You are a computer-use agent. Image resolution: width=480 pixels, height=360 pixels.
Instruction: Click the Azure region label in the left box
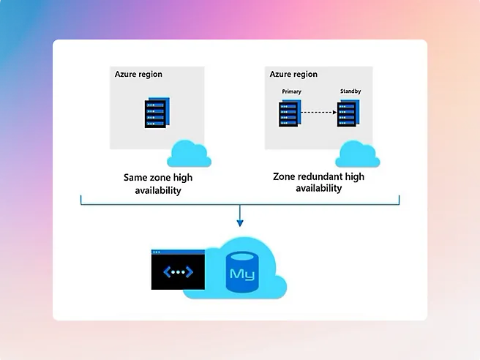coord(138,74)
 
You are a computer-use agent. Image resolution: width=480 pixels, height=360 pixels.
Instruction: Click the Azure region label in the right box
coord(293,74)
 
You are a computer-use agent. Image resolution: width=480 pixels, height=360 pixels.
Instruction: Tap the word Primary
coord(291,91)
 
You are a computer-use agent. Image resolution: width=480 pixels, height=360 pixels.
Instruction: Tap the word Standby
coord(350,91)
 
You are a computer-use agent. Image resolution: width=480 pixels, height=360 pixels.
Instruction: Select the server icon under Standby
coord(348,113)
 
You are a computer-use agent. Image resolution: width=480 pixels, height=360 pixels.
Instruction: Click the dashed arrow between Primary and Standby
coord(319,113)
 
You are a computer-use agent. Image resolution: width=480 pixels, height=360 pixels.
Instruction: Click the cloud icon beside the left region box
coord(189,154)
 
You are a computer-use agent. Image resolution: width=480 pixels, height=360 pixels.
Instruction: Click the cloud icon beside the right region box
coord(358,154)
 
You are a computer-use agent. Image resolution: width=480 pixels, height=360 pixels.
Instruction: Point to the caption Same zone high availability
coord(158,184)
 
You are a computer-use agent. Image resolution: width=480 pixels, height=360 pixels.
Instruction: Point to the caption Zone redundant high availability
coord(318,182)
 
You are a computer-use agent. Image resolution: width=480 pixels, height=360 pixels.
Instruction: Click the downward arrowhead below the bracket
coord(239,222)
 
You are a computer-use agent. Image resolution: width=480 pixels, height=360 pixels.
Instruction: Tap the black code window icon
coord(179,271)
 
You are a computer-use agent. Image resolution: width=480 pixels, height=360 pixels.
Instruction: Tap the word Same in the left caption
coord(136,177)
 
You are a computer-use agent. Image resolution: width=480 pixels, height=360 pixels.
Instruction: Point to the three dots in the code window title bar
coord(157,252)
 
